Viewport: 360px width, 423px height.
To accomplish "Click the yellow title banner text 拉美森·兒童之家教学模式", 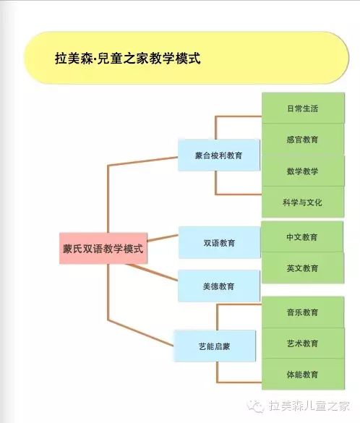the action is coord(128,59).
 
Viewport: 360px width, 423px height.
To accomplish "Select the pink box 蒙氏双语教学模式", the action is coord(103,248).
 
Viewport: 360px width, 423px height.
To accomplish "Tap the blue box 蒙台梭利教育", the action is coord(219,155).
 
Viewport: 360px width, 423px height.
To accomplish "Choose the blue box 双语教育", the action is coord(219,242).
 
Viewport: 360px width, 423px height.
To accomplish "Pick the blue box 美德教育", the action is coord(219,286).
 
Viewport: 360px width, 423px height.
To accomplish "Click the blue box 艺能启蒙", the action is coord(215,346).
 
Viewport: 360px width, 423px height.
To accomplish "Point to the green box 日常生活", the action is coord(303,108).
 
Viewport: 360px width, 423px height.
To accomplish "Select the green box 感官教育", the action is coord(303,140).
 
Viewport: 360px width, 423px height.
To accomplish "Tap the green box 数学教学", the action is coord(303,171).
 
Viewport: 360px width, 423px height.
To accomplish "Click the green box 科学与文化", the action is coord(303,202).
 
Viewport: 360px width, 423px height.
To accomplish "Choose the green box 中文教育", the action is coord(302,237).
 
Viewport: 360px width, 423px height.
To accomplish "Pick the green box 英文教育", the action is coord(303,268).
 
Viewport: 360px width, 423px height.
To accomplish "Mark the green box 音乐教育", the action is coord(303,312).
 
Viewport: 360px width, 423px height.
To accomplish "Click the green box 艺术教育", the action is coord(303,343).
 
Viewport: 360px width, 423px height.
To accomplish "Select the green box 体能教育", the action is coord(303,374).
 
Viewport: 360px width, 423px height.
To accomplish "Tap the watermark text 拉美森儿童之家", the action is coord(309,406).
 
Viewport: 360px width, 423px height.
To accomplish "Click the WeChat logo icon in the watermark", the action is coord(255,406).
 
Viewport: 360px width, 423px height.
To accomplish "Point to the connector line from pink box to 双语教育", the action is coord(163,238).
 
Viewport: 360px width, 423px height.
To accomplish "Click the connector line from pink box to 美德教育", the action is coord(152,272).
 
